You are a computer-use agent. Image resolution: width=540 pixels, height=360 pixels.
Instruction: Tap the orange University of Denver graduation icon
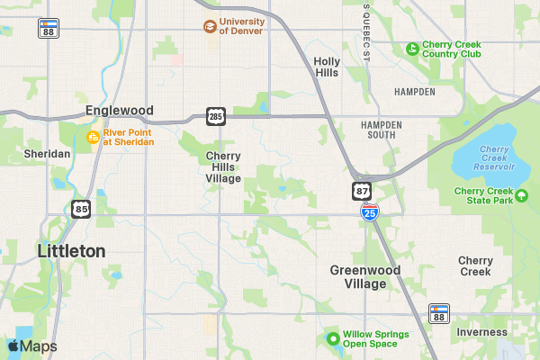[x=210, y=26]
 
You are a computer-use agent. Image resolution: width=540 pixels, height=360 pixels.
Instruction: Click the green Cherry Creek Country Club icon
[x=412, y=49]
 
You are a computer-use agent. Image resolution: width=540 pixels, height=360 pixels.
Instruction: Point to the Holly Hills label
[x=326, y=67]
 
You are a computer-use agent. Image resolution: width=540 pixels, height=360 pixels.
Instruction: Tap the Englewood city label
[x=120, y=110]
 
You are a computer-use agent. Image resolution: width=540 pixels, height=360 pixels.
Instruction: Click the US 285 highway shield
[x=216, y=116]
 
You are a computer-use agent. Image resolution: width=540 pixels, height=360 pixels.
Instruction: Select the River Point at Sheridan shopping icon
[x=92, y=137]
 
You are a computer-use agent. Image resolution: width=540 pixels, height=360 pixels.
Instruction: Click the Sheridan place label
[x=47, y=154]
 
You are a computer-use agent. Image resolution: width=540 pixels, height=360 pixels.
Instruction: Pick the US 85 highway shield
[x=80, y=209]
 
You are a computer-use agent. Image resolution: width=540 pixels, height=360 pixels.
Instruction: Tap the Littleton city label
[x=72, y=251]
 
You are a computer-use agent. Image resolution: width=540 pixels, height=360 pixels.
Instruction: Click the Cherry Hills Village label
[x=223, y=166]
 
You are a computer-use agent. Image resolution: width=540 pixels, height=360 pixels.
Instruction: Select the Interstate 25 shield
[x=370, y=211]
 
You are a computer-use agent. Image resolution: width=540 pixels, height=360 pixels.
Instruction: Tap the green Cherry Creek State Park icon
[x=521, y=194]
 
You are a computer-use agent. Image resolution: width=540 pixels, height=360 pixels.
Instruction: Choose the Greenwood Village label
[x=358, y=276]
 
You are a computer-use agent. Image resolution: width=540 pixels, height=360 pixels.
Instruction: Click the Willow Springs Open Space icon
[x=332, y=339]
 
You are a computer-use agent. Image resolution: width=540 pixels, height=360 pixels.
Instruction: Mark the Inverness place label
[x=481, y=332]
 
